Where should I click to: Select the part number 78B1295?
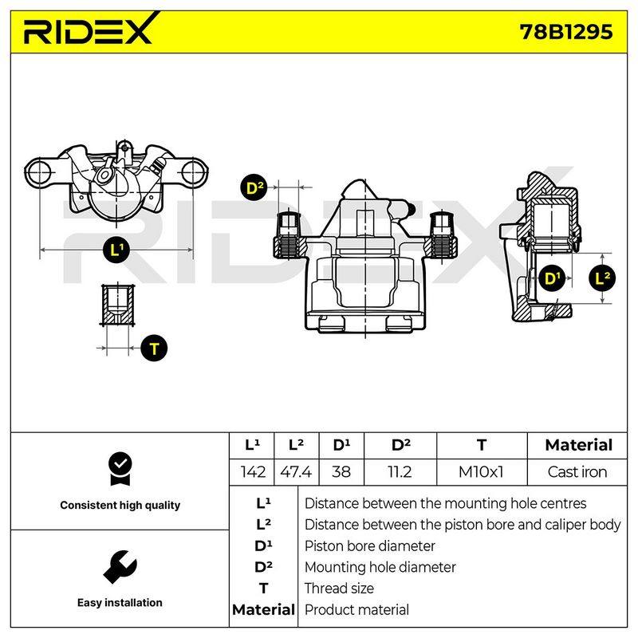coord(566,32)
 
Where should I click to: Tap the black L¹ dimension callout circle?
coord(116,250)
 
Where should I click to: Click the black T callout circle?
coord(154,349)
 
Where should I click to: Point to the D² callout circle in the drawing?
coord(254,188)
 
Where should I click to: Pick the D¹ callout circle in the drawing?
coord(552,278)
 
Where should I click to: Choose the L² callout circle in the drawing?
coord(602,278)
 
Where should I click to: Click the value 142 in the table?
coord(253,472)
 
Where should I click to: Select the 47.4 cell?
coord(296,472)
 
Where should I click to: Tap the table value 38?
coord(341,472)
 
